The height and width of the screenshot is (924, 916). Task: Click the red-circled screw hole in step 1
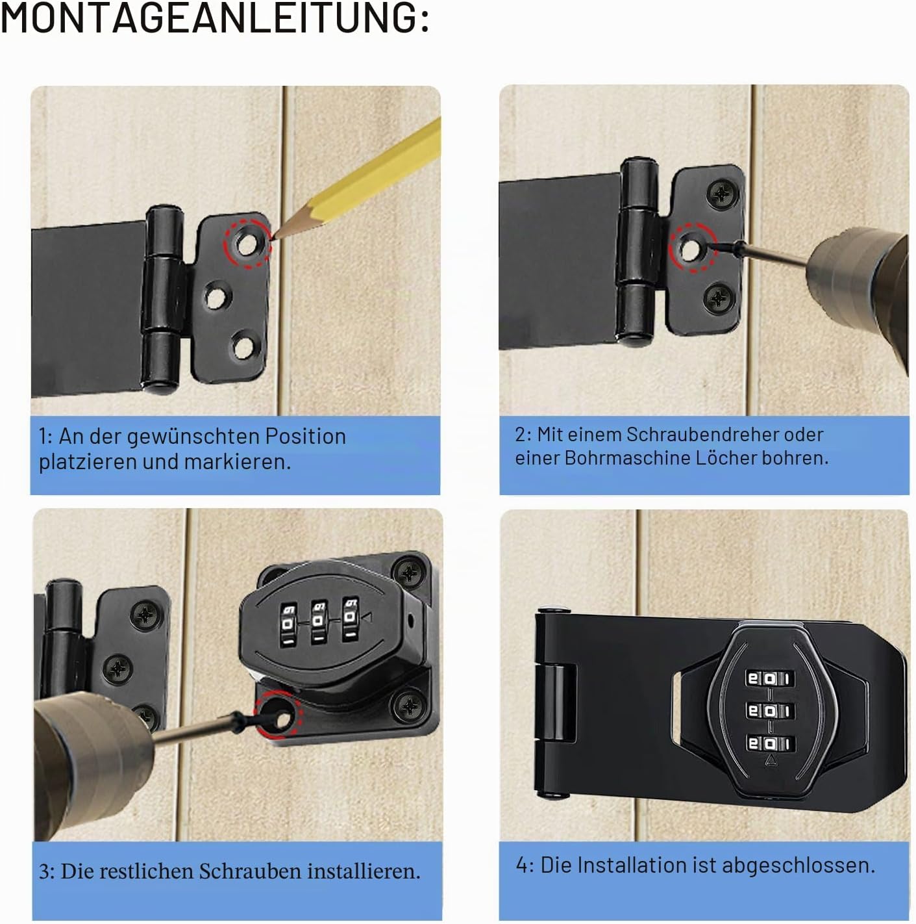246,244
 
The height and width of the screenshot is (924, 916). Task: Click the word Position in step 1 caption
305,436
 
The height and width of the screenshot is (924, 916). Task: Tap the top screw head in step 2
721,194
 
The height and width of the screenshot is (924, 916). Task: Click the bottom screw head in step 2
719,298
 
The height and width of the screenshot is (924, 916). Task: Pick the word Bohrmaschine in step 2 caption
628,458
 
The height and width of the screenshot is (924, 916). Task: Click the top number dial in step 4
769,678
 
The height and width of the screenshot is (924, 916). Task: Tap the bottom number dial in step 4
769,743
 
